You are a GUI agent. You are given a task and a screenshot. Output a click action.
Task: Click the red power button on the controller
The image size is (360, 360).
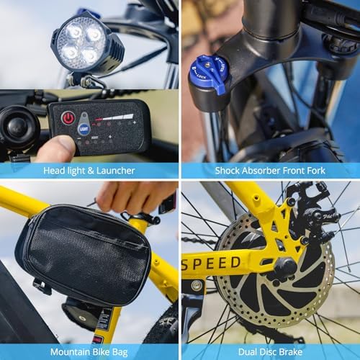[68, 117]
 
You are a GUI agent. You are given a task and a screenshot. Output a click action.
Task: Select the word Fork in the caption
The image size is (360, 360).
[313, 171]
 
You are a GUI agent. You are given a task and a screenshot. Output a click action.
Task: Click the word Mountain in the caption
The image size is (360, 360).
[71, 352]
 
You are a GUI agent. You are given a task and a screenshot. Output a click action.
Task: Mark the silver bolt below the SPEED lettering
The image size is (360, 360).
[197, 286]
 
